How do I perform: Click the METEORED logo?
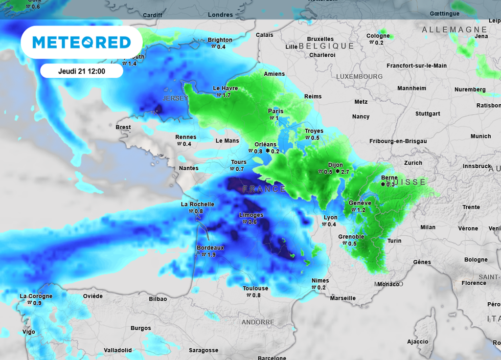pyautogui.click(x=82, y=43)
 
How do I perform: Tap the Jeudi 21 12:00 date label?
pyautogui.click(x=82, y=71)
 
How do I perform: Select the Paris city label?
pyautogui.click(x=275, y=111)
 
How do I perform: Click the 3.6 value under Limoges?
pyautogui.click(x=252, y=222)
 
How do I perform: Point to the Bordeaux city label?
pyautogui.click(x=210, y=247)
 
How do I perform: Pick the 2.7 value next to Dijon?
pyautogui.click(x=345, y=172)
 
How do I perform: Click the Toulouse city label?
pyautogui.click(x=255, y=288)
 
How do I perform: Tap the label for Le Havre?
pyautogui.click(x=225, y=89)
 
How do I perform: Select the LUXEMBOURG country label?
pyautogui.click(x=359, y=77)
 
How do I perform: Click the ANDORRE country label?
pyautogui.click(x=258, y=322)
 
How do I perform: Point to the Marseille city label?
pyautogui.click(x=342, y=298)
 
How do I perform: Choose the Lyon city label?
pyautogui.click(x=330, y=218)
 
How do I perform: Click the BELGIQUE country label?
pyautogui.click(x=326, y=46)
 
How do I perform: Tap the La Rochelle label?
pyautogui.click(x=198, y=204)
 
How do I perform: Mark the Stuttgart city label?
pyautogui.click(x=427, y=113)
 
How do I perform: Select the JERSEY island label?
pyautogui.click(x=176, y=98)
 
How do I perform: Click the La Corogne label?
pyautogui.click(x=36, y=296)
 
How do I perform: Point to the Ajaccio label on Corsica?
pyautogui.click(x=417, y=341)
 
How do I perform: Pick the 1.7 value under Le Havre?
pyautogui.click(x=227, y=95)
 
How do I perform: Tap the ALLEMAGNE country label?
pyautogui.click(x=455, y=30)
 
